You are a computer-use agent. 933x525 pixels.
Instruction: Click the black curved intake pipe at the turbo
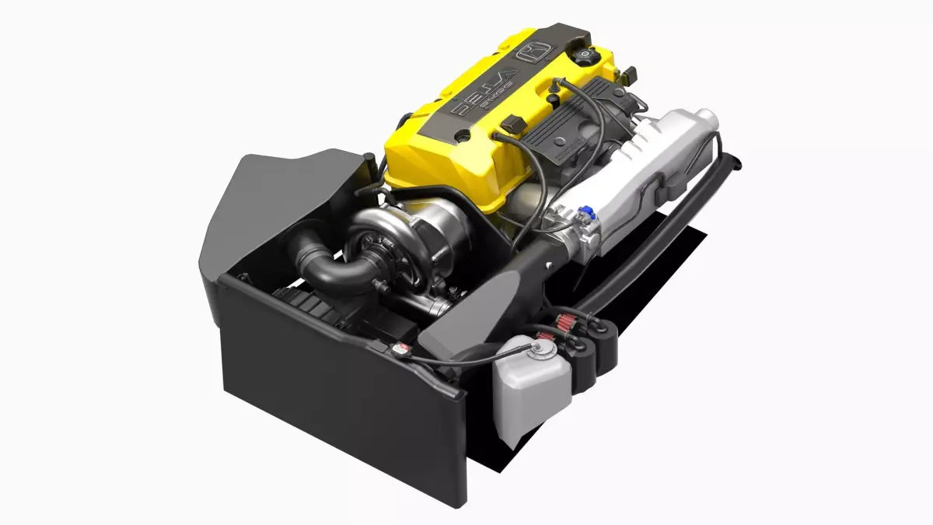327,264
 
